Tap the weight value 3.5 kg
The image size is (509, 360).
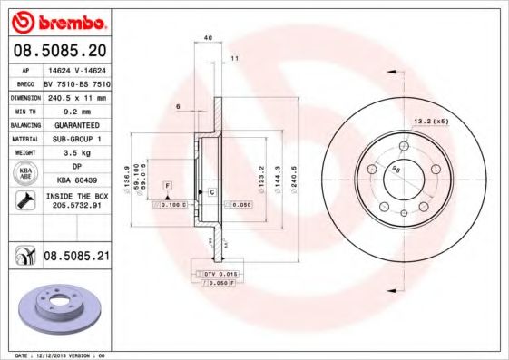(77, 152)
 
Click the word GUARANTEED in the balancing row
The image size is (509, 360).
(77, 123)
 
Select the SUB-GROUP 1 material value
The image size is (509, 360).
(77, 138)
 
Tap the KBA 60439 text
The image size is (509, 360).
(77, 181)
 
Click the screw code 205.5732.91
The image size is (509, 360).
(77, 206)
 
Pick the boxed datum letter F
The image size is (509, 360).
(167, 185)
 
